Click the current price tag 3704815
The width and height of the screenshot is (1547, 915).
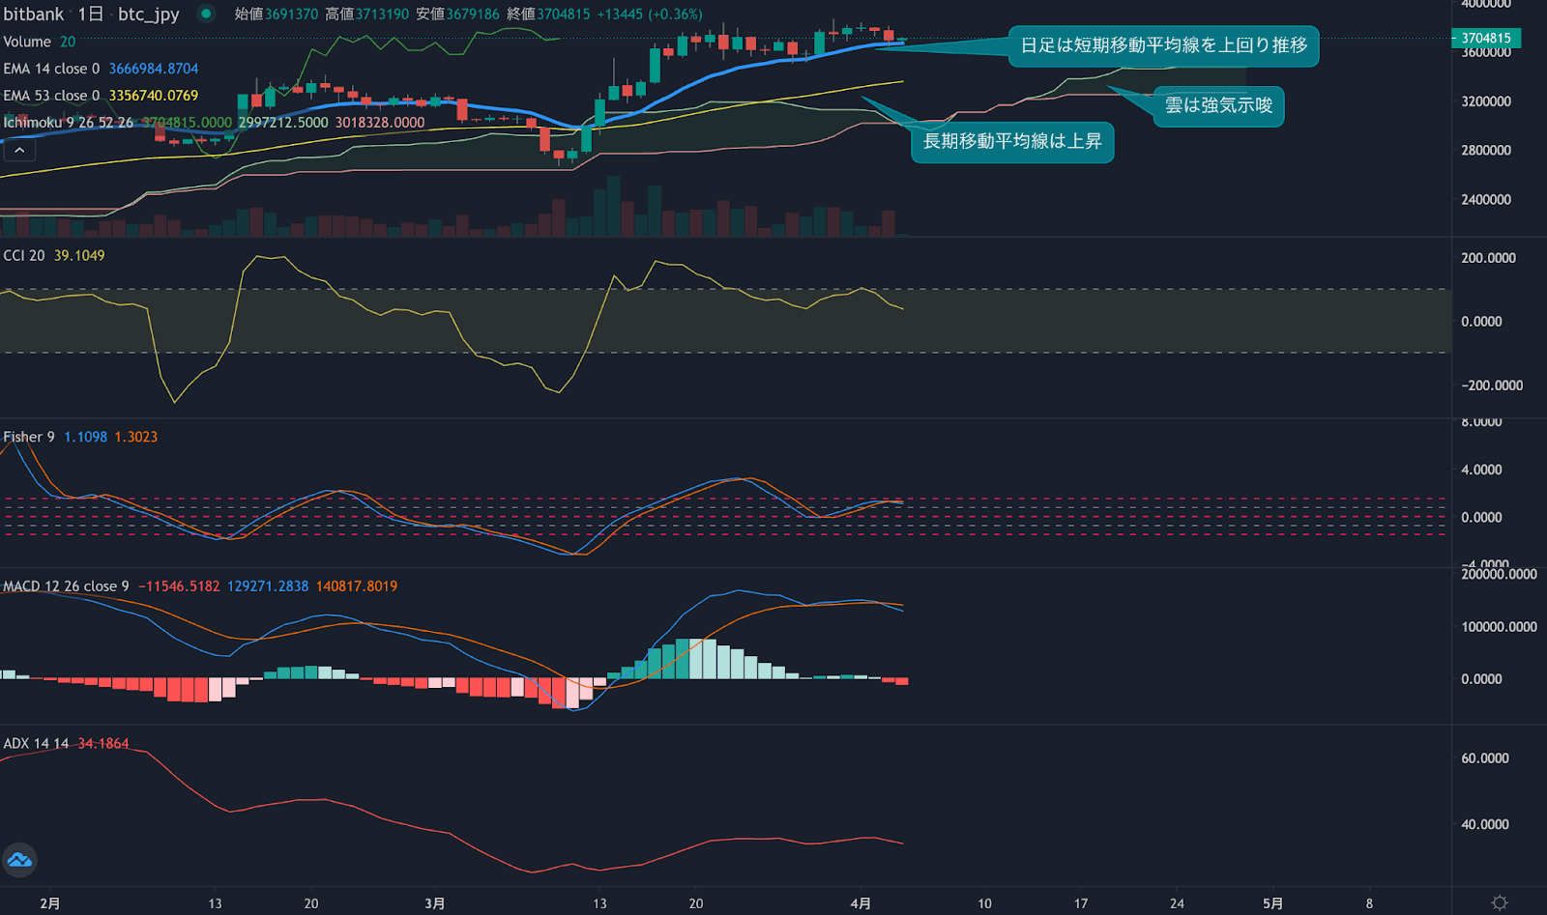1486,39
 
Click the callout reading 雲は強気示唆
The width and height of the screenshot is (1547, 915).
1218,105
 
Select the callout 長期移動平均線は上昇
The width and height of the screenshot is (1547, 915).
1012,142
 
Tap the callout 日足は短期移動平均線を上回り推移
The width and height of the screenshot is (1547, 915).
1163,45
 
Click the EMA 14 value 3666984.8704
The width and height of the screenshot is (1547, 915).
153,69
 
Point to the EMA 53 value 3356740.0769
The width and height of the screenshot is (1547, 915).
153,96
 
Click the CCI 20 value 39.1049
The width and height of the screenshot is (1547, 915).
79,255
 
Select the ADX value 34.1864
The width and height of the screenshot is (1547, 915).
102,743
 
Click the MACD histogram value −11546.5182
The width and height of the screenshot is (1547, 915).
179,586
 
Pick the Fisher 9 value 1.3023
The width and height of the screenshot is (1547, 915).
135,437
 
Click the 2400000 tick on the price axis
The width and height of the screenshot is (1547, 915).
1486,200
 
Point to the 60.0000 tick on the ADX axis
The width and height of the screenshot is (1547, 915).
1485,758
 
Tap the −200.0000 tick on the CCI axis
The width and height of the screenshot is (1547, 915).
1492,386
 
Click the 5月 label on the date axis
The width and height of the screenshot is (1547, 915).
1273,903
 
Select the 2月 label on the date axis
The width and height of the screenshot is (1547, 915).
50,903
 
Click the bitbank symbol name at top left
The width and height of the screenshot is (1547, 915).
34,14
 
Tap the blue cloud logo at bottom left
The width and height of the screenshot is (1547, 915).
19,859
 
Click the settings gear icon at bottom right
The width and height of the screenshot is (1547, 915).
1500,902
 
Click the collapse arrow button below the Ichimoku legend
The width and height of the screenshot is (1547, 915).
19,150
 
